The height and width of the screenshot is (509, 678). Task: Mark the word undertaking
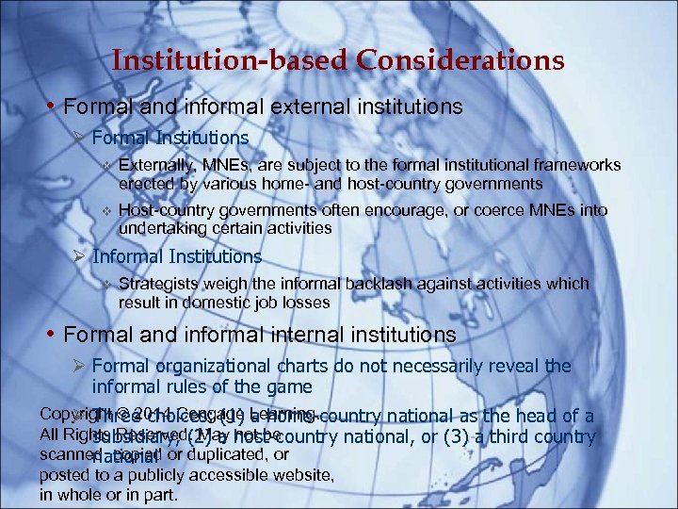161,228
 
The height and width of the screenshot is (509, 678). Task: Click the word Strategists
157,284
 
